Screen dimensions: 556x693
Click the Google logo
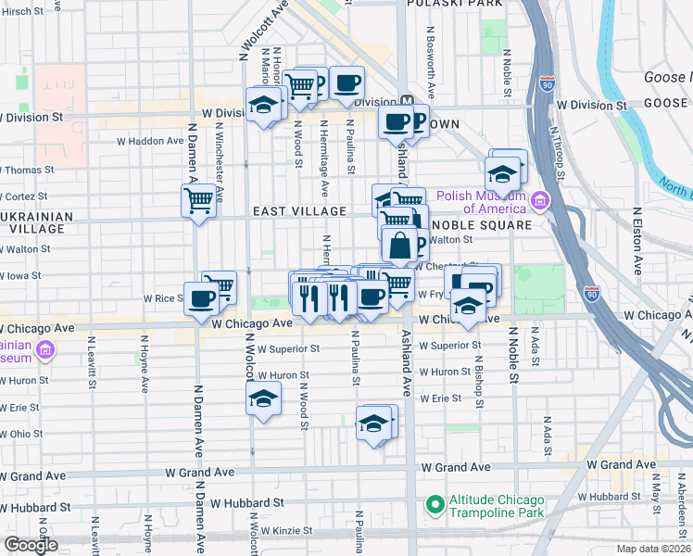[31, 545]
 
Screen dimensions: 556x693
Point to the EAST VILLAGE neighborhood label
[300, 212]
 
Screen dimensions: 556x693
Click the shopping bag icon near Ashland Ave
[400, 246]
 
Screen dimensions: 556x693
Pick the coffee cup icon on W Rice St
[201, 299]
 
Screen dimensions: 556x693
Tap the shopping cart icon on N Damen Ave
[199, 199]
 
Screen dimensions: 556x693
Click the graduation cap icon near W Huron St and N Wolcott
[263, 398]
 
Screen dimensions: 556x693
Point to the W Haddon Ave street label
[150, 142]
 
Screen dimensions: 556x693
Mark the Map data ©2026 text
[652, 549]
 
